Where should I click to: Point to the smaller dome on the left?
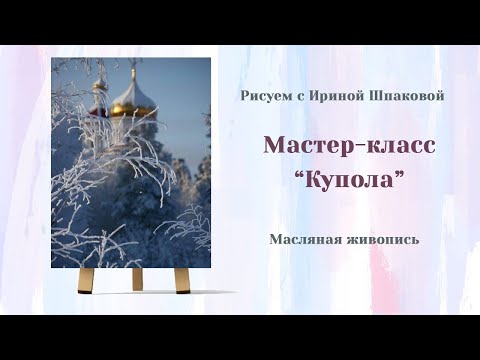tap(100, 100)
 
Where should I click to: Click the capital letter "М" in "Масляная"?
tap(275, 240)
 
